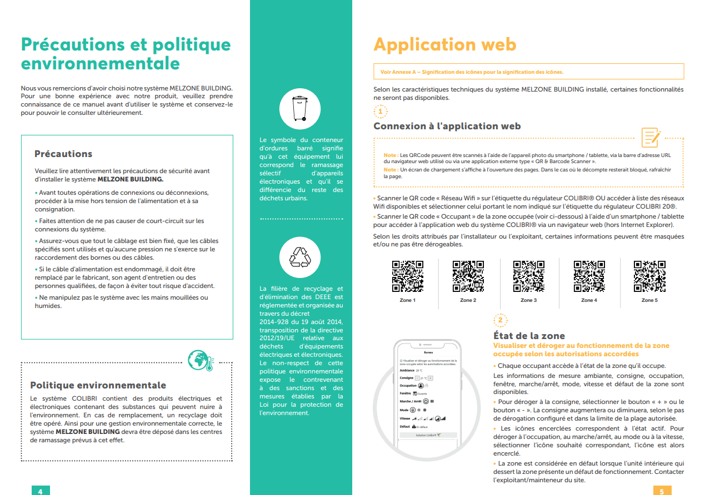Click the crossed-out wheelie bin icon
tap(301, 109)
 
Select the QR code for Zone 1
tap(408, 276)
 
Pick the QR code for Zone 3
tap(528, 276)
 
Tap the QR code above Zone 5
tap(649, 276)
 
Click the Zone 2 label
tap(468, 300)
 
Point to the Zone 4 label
tap(589, 300)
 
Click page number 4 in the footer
tap(40, 491)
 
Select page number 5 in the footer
tap(662, 491)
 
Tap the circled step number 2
tap(500, 320)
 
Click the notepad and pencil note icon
tap(651, 137)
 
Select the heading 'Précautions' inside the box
tap(63, 154)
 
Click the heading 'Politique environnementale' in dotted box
tap(98, 385)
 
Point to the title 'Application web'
tap(444, 44)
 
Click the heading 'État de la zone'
tap(529, 336)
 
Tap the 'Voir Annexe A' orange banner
tap(528, 72)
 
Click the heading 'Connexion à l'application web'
tap(447, 126)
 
